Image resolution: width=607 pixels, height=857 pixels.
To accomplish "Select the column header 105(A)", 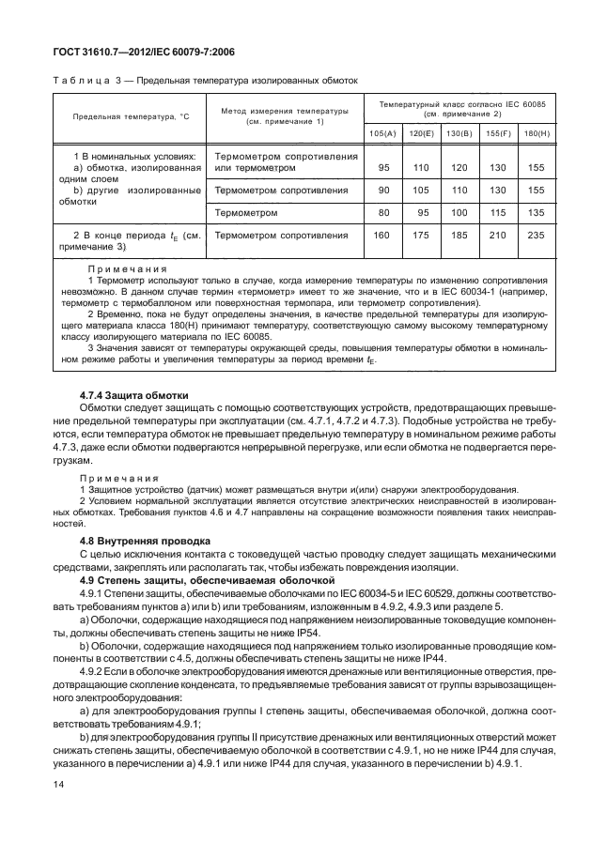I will (382, 133).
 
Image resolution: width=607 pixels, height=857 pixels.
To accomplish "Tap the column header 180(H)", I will (537, 133).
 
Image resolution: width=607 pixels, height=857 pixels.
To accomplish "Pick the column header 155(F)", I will (498, 133).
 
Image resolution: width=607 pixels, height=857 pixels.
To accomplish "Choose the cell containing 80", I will (382, 212).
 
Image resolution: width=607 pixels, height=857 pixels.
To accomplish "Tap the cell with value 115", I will (498, 212).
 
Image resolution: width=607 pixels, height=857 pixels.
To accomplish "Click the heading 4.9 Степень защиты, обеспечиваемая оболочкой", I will (184, 583).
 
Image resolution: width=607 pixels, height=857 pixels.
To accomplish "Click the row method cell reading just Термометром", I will (247, 212).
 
